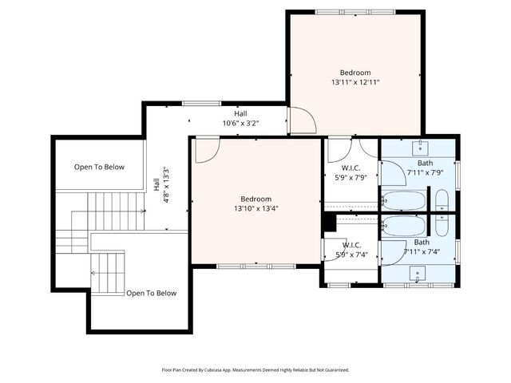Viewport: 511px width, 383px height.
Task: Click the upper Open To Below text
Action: (99, 167)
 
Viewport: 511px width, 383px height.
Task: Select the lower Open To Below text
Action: (151, 294)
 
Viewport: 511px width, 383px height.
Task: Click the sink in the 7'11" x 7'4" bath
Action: (418, 274)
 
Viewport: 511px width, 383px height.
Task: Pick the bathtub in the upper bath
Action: (404, 200)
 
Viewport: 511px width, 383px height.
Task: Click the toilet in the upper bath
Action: (442, 199)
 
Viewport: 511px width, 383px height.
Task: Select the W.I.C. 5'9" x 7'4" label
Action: (352, 250)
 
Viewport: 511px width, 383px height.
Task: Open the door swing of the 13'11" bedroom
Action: (302, 120)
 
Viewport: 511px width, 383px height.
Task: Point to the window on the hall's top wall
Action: (196, 103)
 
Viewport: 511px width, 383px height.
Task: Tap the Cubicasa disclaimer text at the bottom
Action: (255, 369)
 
